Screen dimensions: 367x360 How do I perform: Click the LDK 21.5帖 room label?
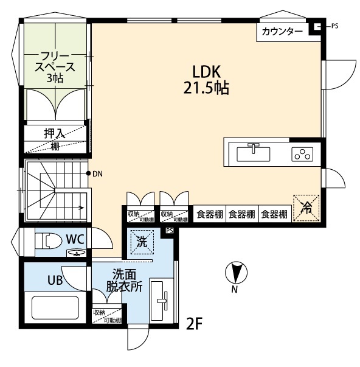[x=206, y=79]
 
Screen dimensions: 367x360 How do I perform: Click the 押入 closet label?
[x=55, y=133]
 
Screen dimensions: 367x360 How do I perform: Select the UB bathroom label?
[x=57, y=280]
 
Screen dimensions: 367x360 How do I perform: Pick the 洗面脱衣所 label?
[x=128, y=281]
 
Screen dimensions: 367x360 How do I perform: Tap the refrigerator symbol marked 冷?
[x=306, y=207]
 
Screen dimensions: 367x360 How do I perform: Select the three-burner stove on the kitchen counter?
[x=302, y=154]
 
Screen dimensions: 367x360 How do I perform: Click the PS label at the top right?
[x=334, y=26]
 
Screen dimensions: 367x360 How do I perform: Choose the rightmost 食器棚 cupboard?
[x=274, y=214]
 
